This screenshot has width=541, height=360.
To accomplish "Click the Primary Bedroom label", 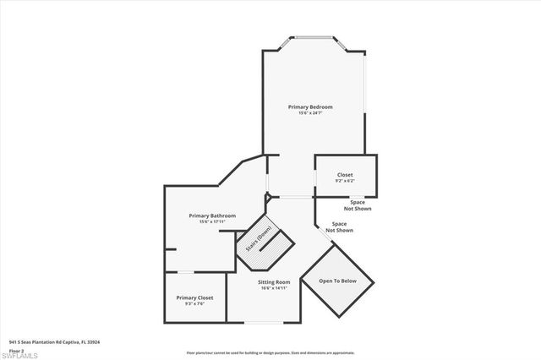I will [x=309, y=107].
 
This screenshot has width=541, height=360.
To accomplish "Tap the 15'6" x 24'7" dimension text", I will [x=309, y=113].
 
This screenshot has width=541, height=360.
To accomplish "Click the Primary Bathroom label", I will [x=211, y=215].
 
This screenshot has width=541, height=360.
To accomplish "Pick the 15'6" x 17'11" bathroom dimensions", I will [x=211, y=222].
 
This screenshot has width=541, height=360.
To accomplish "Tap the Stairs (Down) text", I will [x=259, y=240].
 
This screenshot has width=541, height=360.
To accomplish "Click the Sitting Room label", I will [x=272, y=282].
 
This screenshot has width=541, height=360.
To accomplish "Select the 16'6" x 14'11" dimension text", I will [x=272, y=288].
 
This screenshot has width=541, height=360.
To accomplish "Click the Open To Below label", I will [x=337, y=281].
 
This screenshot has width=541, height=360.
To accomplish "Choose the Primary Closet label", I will [x=194, y=298].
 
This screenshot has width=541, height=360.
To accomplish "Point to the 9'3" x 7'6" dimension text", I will [x=194, y=305].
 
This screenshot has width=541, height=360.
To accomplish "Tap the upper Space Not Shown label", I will [x=358, y=205].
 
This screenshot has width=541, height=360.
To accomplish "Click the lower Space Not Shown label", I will [x=339, y=227].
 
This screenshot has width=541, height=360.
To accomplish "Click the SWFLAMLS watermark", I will [x=23, y=352].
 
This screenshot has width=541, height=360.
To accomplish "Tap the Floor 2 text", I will [x=16, y=349].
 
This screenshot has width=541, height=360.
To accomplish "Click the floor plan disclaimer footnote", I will [x=270, y=352].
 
